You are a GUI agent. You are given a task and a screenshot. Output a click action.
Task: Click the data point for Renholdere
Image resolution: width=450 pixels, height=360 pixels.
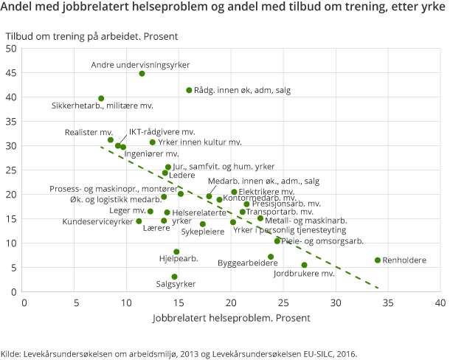(378, 260)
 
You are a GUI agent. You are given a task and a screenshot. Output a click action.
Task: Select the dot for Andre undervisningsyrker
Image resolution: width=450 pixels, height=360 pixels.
(142, 74)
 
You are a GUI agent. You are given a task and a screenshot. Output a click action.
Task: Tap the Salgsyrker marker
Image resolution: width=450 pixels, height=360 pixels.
(175, 277)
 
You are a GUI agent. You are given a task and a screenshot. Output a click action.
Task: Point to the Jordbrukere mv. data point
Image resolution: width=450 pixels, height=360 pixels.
(305, 265)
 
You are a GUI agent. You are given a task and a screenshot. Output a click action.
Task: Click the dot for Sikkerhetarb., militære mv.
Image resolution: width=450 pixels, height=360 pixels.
(101, 99)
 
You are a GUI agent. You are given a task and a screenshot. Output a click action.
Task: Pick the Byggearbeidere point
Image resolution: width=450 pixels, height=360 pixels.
(271, 257)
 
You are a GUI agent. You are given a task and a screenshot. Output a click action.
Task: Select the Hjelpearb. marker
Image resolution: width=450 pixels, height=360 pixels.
(176, 252)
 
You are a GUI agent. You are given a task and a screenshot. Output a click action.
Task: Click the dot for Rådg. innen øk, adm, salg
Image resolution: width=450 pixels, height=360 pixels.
(190, 90)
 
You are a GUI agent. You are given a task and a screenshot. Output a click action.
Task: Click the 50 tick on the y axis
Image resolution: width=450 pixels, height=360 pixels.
(12, 49)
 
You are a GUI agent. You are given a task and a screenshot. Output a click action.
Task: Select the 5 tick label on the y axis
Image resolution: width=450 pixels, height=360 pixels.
(14, 268)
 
